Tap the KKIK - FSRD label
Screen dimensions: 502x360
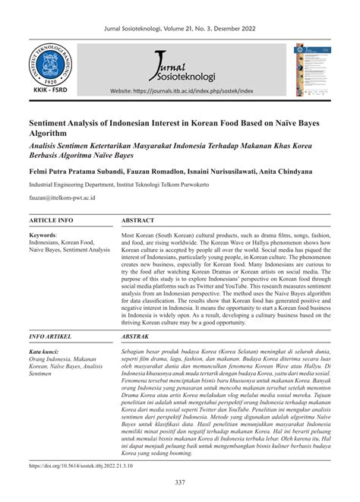pos(50,97)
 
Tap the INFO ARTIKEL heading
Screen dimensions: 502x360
pos(51,336)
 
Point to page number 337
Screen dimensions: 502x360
pos(180,484)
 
